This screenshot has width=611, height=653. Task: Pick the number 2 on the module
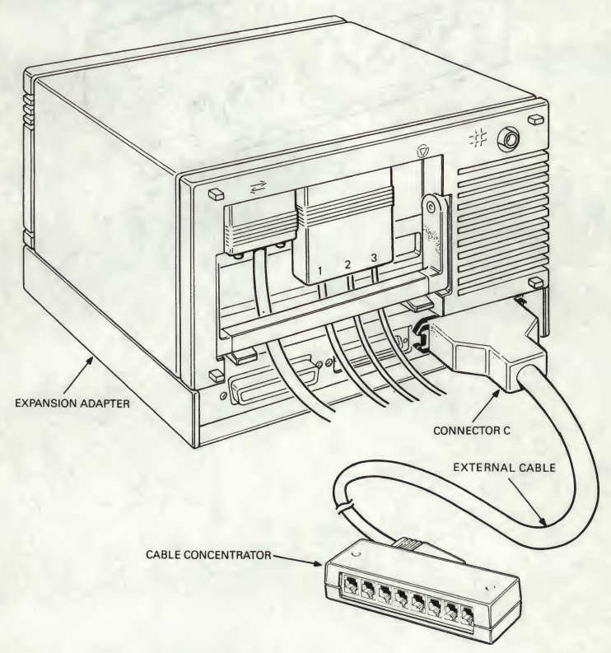(x=348, y=265)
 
